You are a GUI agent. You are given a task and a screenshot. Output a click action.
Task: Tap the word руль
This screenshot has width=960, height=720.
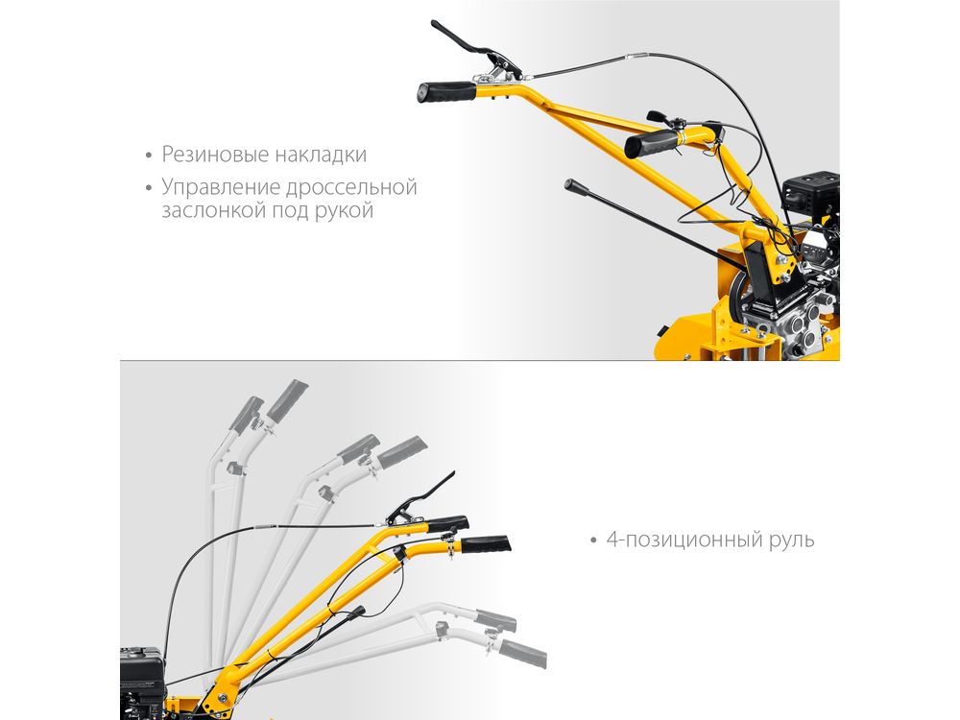tap(792, 540)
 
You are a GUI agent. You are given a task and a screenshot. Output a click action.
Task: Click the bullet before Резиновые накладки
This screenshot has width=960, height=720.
tap(149, 156)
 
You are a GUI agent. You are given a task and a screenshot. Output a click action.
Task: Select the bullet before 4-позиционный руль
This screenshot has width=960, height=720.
tap(593, 540)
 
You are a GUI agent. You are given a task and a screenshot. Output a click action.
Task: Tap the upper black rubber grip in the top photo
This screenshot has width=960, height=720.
tap(447, 92)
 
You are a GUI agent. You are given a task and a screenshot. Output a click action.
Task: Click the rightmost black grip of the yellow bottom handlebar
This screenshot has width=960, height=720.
tap(486, 543)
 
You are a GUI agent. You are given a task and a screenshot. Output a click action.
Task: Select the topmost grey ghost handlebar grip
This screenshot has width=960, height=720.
tap(287, 400)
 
